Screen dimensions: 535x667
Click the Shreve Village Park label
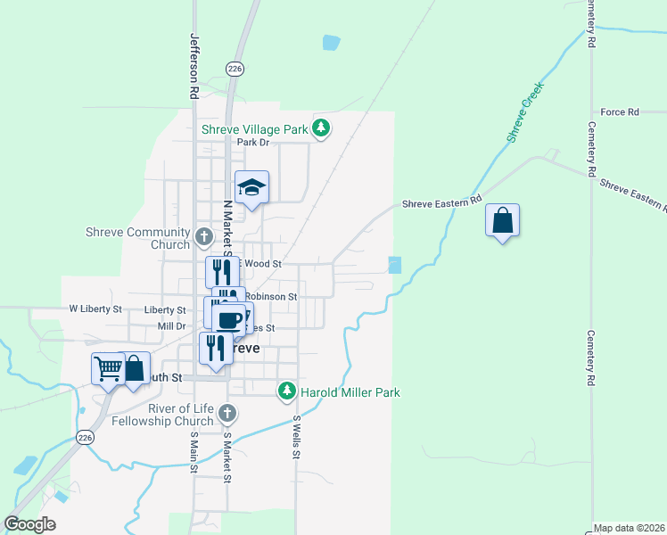click(254, 129)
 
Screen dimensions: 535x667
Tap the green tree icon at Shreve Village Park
click(322, 130)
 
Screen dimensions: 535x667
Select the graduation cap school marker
click(251, 188)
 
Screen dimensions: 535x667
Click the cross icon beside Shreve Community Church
click(204, 238)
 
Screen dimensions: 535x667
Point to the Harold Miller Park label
click(350, 391)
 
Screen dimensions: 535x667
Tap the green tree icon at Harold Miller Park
click(286, 391)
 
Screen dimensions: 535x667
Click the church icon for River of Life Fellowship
click(227, 413)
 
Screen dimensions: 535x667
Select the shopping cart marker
click(107, 367)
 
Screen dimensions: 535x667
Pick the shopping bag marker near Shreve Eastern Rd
click(503, 221)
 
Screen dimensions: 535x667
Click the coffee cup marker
click(230, 318)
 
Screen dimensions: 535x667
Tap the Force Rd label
click(620, 112)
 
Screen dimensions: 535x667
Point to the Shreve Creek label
click(525, 111)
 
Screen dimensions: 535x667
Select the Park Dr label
click(252, 143)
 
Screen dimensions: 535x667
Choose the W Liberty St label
click(95, 309)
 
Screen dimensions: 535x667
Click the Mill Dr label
click(171, 326)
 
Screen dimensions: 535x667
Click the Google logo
click(29, 524)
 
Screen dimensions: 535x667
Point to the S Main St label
click(194, 453)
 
